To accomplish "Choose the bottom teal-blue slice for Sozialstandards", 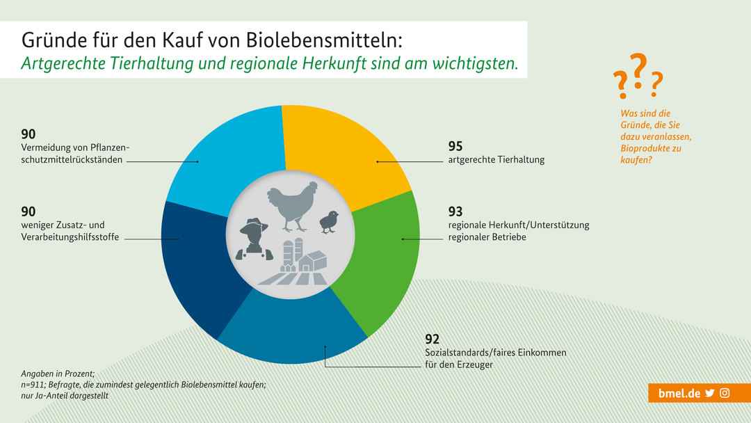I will click(292, 334).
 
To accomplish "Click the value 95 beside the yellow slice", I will click(455, 147).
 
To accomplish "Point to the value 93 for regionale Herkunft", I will click(455, 211).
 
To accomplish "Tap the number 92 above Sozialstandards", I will click(433, 340).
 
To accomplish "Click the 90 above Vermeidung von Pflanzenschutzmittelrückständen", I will click(29, 134).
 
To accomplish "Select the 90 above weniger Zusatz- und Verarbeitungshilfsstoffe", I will click(29, 211).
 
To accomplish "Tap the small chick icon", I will click(329, 222).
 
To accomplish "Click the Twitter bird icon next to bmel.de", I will click(710, 393).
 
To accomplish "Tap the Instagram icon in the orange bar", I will click(725, 393).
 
